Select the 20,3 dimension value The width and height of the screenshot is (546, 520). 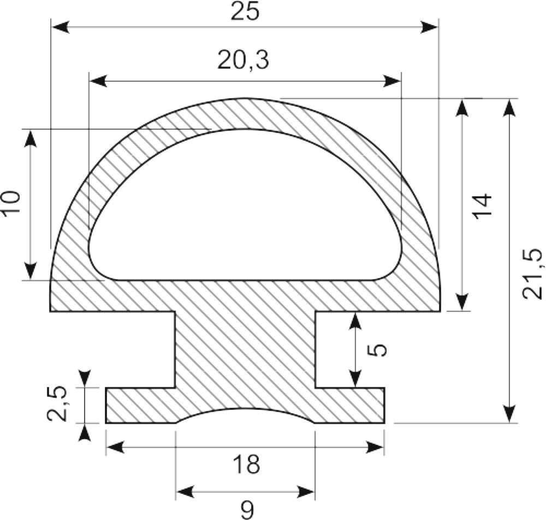(x=244, y=60)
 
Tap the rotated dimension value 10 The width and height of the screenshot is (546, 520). (x=11, y=204)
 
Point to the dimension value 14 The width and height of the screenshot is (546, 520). (x=483, y=207)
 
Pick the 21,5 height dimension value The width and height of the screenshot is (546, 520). (x=533, y=274)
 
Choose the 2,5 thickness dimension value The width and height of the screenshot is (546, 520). (x=57, y=403)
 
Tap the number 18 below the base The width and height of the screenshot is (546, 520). (x=247, y=464)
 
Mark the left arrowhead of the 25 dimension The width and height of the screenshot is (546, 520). (x=61, y=27)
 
